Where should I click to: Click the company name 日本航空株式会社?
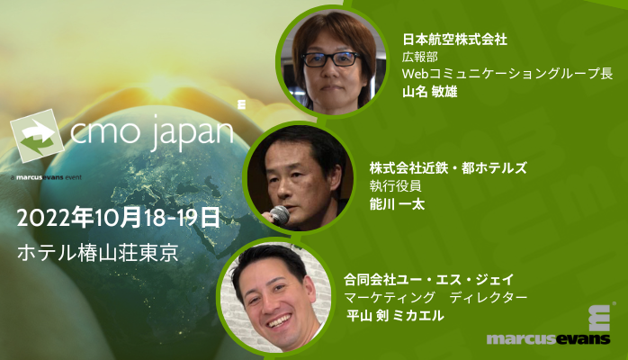click(x=454, y=40)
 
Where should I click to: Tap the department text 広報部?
click(x=418, y=57)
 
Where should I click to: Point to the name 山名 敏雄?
click(x=429, y=92)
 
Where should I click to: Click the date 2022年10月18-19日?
click(x=118, y=217)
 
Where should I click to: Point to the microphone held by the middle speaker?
click(x=280, y=215)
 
